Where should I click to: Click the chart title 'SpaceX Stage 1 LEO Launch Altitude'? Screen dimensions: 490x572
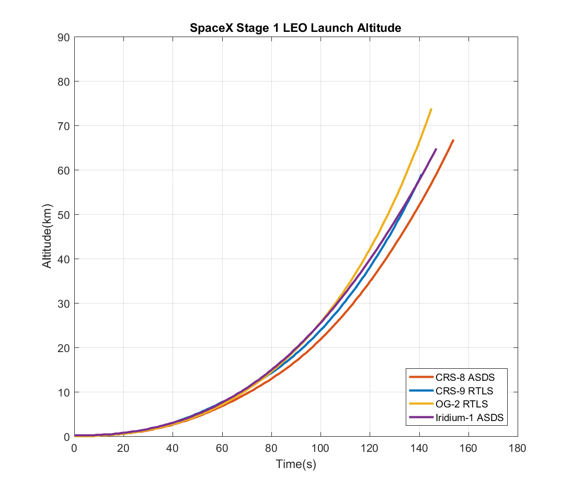(x=295, y=28)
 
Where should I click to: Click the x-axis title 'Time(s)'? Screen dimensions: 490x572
(x=296, y=464)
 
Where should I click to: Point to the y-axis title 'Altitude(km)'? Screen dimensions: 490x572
(x=47, y=237)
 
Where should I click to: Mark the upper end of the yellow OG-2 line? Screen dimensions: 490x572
(x=431, y=109)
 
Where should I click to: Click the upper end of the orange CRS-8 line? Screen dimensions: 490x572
(x=453, y=140)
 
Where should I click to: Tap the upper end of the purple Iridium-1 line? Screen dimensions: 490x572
(x=436, y=149)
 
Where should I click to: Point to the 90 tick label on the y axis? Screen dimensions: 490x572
(x=63, y=37)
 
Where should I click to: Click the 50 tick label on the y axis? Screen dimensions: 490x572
(x=63, y=215)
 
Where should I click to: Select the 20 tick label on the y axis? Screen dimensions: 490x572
(x=63, y=348)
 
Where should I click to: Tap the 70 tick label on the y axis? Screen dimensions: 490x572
(x=63, y=126)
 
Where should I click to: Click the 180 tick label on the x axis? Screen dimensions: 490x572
(x=518, y=448)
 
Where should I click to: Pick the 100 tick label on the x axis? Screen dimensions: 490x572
(x=321, y=448)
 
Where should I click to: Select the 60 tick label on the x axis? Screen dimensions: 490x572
(x=222, y=448)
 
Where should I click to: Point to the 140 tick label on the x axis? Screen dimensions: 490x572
(x=419, y=448)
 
